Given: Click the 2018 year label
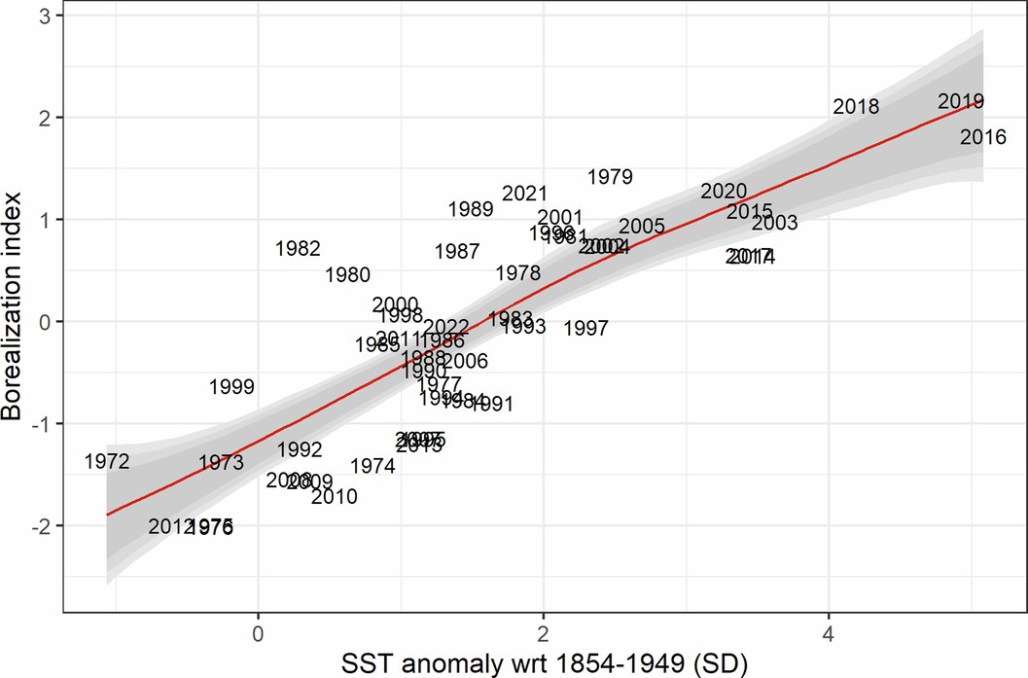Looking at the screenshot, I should [856, 107].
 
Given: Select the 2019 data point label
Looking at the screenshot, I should [961, 101].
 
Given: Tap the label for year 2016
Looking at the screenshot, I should [982, 138].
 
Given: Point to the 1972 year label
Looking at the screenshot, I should [107, 462].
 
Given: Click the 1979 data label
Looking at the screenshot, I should [611, 177].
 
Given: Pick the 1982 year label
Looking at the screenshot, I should [298, 249].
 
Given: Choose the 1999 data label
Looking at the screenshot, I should [231, 387].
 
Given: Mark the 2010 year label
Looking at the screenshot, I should [335, 497].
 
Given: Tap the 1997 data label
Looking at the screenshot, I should [585, 329].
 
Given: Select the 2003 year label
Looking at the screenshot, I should [774, 223].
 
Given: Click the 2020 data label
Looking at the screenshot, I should [724, 192].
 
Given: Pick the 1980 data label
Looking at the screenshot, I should [347, 275].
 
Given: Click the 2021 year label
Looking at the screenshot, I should [525, 195].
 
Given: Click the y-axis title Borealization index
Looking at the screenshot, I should [14, 317].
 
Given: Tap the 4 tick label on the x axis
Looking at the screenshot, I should [829, 629].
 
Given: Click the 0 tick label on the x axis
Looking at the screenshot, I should [258, 629].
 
